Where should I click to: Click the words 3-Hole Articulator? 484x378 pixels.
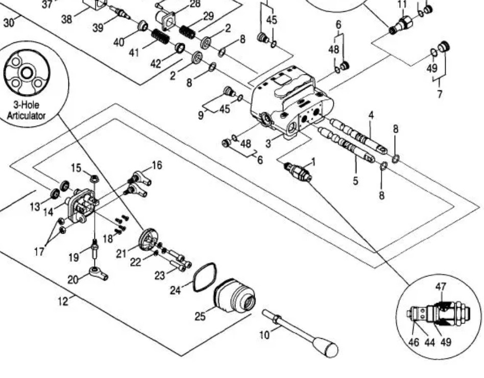pyautogui.click(x=26, y=111)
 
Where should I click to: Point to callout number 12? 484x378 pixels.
pyautogui.click(x=63, y=301)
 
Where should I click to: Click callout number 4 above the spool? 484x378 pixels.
pyautogui.click(x=371, y=115)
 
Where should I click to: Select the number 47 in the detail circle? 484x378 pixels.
pyautogui.click(x=440, y=287)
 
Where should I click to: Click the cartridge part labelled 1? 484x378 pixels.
pyautogui.click(x=299, y=172)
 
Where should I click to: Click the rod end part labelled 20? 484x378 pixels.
pyautogui.click(x=98, y=272)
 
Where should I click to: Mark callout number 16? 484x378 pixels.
pyautogui.click(x=157, y=165)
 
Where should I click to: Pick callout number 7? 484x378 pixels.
pyautogui.click(x=440, y=94)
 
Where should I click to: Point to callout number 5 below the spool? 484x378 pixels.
pyautogui.click(x=356, y=180)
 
